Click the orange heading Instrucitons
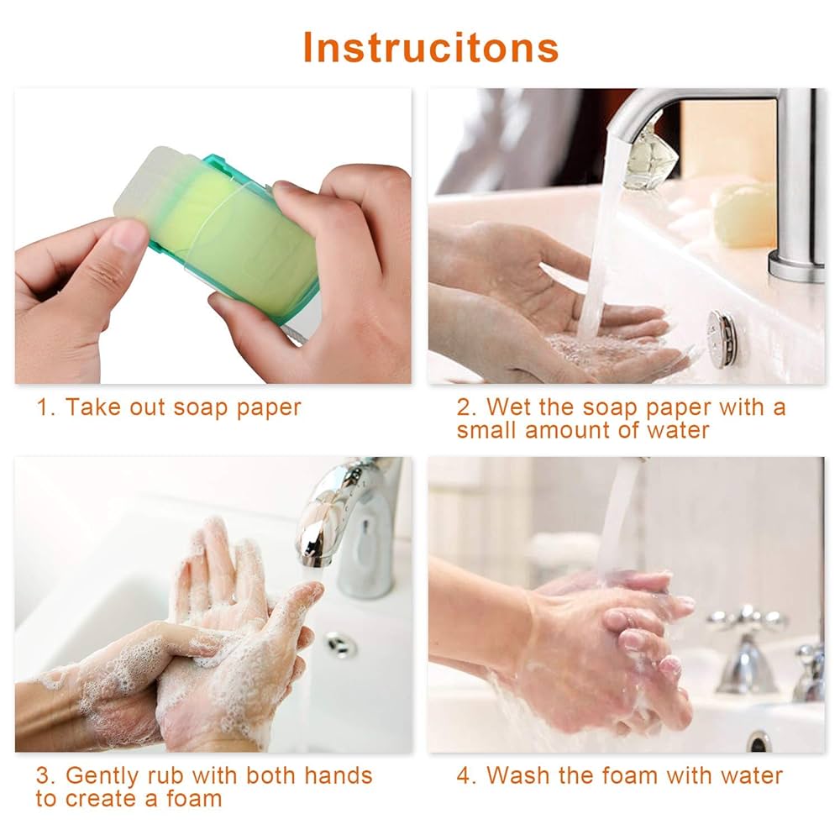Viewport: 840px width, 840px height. (430, 47)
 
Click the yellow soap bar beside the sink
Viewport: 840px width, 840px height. (744, 214)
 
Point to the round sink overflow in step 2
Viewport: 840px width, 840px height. (721, 339)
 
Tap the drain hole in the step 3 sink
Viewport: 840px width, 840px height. (342, 645)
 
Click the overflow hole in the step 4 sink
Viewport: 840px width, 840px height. (759, 740)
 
